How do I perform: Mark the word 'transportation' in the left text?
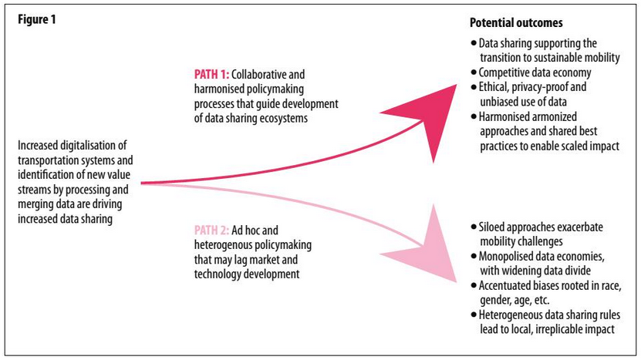tap(52, 160)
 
